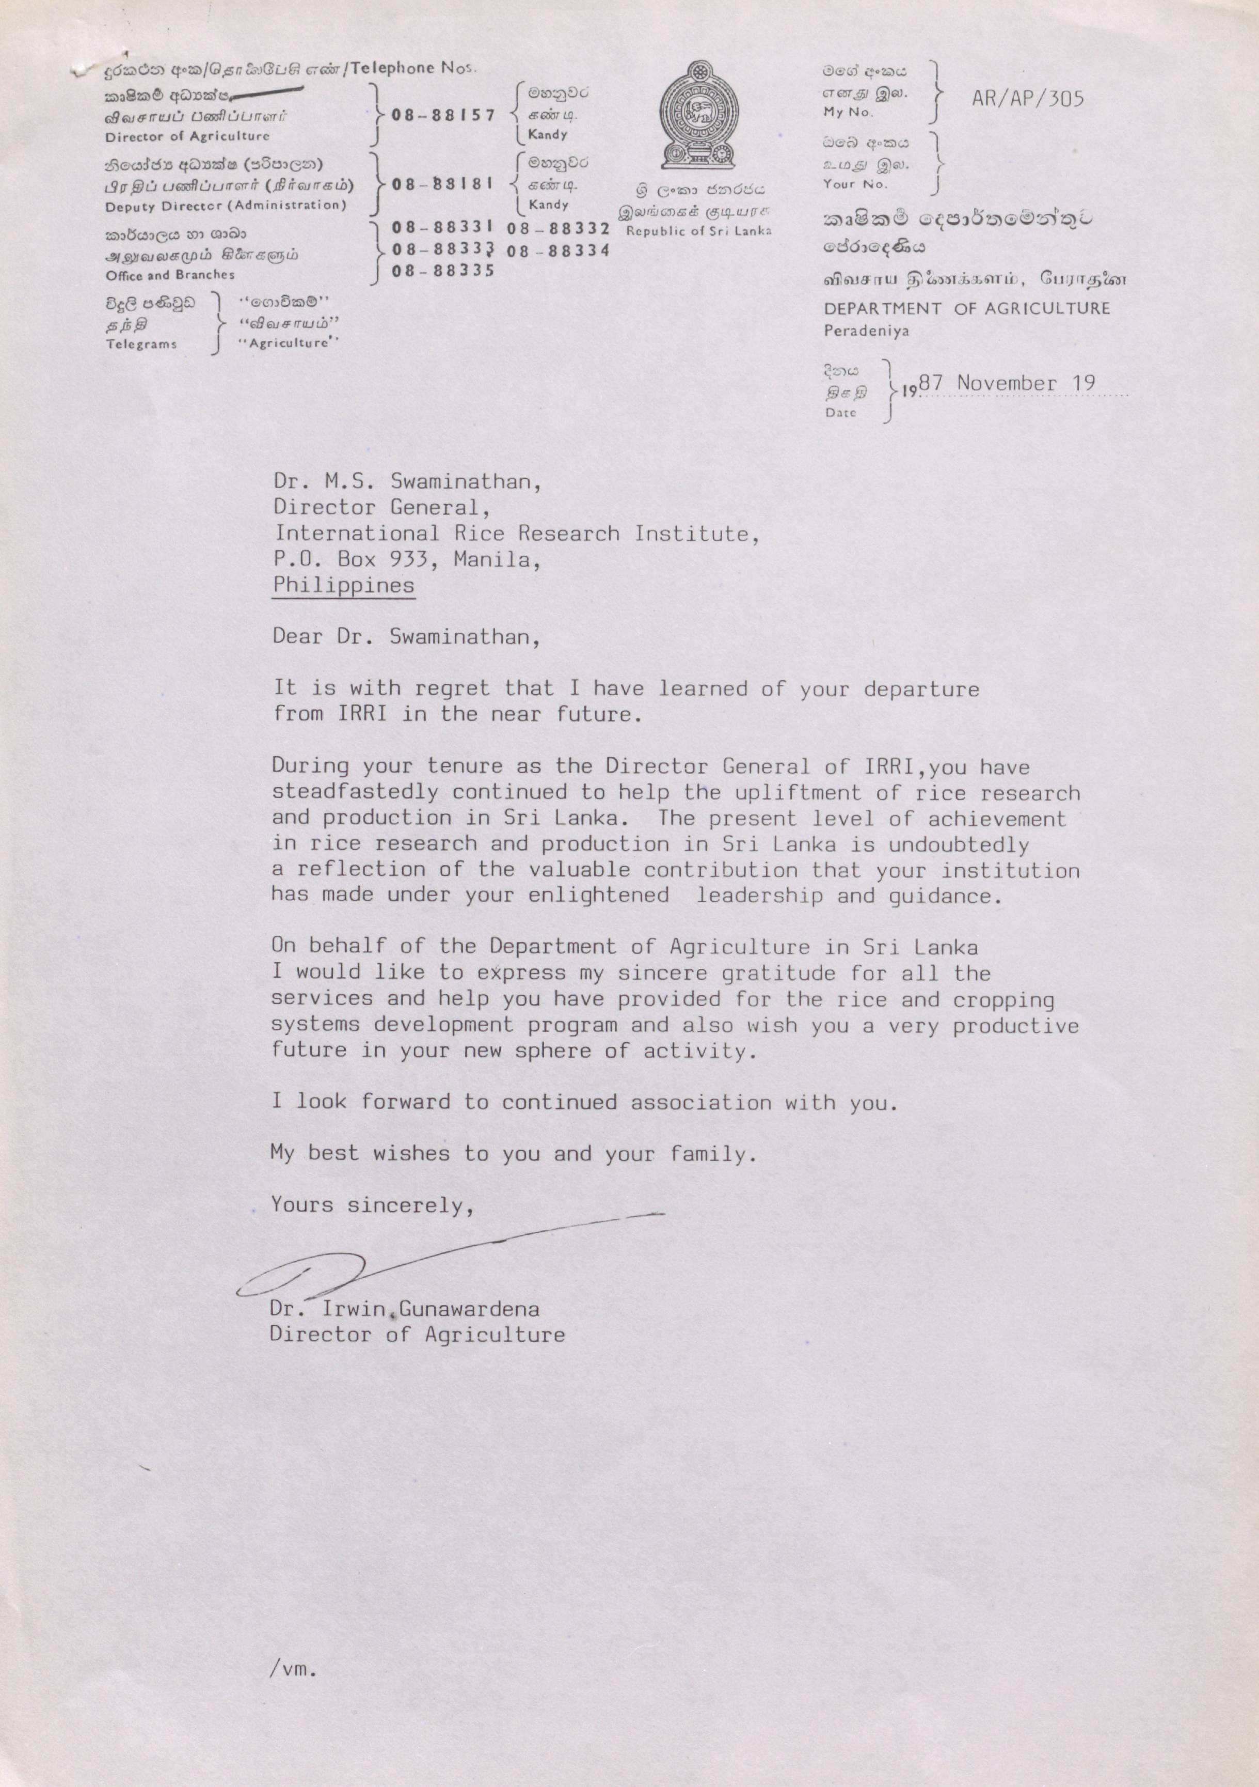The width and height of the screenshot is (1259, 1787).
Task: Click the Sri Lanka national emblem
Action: (x=698, y=116)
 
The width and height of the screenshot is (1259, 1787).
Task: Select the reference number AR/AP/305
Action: (x=1027, y=98)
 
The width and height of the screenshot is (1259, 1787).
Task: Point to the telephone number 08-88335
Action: (x=443, y=270)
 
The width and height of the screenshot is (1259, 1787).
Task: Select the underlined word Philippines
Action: (x=343, y=585)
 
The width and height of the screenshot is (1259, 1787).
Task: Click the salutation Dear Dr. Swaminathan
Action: (x=405, y=637)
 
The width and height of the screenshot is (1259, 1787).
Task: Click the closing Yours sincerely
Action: (x=373, y=1205)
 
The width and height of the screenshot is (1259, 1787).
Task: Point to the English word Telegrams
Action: (x=141, y=344)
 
